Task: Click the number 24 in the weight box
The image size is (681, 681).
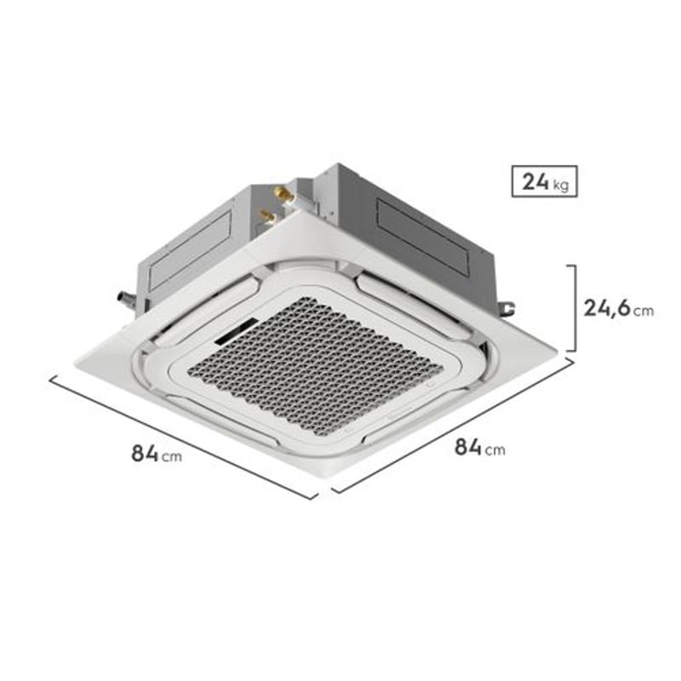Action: coord(535,180)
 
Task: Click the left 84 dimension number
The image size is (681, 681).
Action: coord(144,453)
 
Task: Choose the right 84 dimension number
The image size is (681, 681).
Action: coord(467,445)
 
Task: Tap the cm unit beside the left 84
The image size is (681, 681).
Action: coord(171,456)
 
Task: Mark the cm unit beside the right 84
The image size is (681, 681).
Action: coord(495,449)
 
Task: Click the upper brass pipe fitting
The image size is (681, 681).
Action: coord(285,195)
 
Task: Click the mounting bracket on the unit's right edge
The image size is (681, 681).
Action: coord(508,304)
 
